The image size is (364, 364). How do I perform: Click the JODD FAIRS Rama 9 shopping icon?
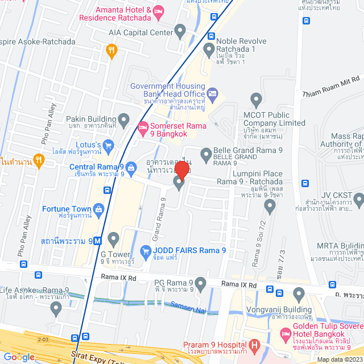tap(146, 251)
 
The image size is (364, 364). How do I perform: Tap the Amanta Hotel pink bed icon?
tap(159, 11)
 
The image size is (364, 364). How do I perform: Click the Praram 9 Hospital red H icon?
tap(254, 345)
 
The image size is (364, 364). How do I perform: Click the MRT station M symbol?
tap(98, 241)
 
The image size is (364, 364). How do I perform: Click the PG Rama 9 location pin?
tap(200, 283)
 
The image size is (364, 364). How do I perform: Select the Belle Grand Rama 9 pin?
tap(206, 153)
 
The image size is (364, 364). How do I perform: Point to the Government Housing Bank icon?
tap(212, 93)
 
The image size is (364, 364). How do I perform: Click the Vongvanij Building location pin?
tap(299, 294)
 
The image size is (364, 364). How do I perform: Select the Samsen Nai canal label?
tap(184, 307)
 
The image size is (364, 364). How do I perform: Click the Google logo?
tap(18, 357)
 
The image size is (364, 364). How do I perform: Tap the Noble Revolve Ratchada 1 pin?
tap(209, 50)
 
